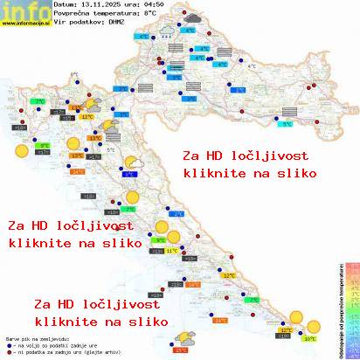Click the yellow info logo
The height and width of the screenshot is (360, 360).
[x=24, y=10]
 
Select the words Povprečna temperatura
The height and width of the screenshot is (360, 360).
[x=97, y=14]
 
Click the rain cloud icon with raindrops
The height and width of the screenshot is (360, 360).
[x=163, y=31]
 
